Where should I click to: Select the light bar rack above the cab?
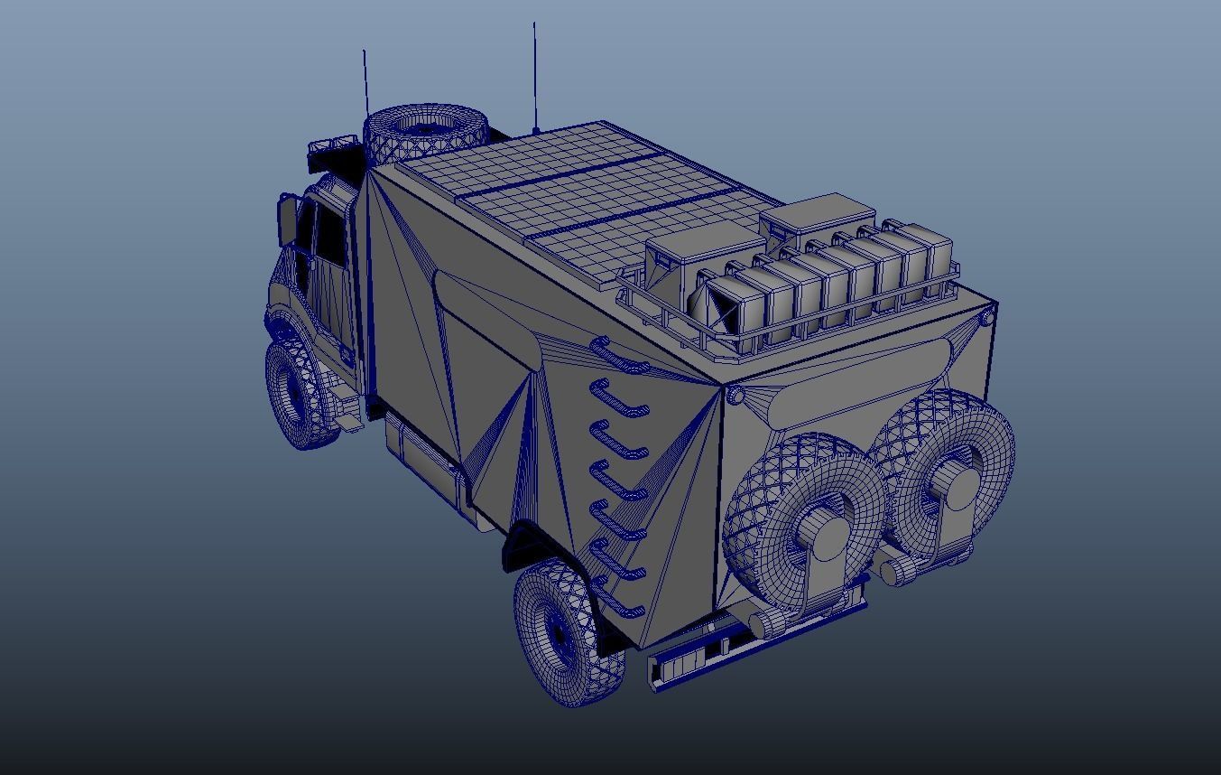(333, 148)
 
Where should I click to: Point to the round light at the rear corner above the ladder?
(735, 396)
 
